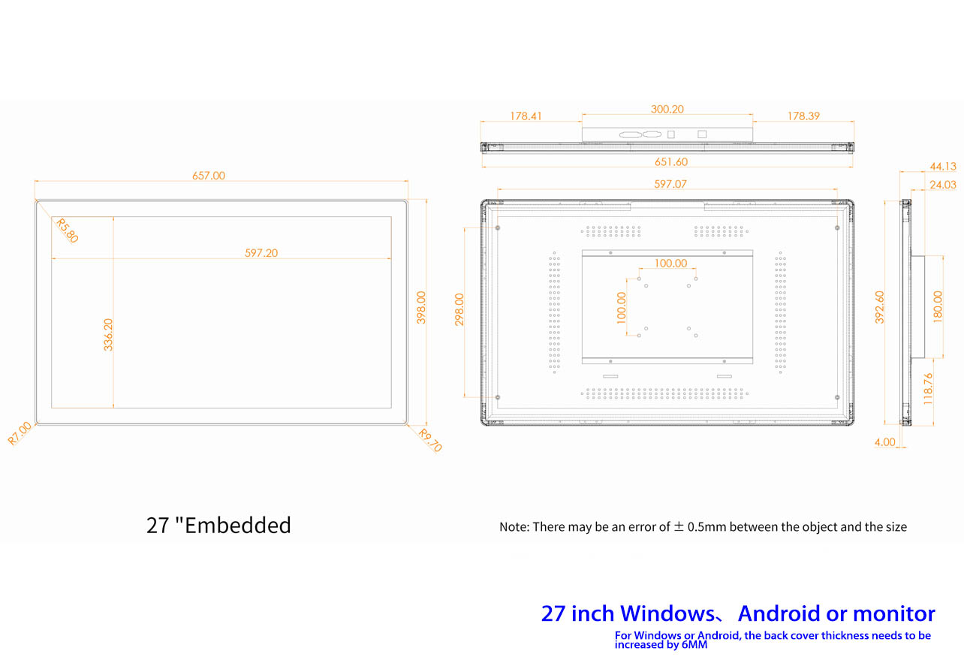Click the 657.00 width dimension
[x=209, y=176]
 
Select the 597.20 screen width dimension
[x=261, y=253]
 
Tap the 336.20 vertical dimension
[x=108, y=335]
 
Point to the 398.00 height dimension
[x=421, y=307]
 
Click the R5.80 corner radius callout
[x=67, y=231]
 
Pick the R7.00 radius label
[x=20, y=433]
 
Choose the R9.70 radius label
[x=430, y=441]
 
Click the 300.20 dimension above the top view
[x=667, y=110]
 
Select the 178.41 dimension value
[x=526, y=116]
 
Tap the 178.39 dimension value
[x=803, y=116]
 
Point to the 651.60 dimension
[x=671, y=162]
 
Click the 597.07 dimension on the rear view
[x=670, y=184]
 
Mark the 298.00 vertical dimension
[x=459, y=309]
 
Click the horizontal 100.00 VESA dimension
[x=670, y=263]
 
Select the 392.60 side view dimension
[x=879, y=307]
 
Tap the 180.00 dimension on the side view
[x=938, y=307]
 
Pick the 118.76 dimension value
[x=928, y=389]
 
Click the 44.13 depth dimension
[x=943, y=167]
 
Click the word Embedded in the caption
[x=238, y=525]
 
